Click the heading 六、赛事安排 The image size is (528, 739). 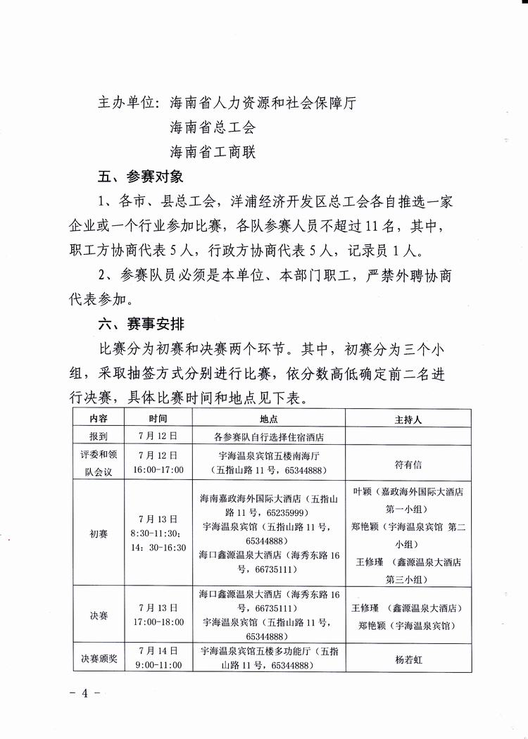(x=140, y=324)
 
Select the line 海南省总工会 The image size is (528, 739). (x=213, y=127)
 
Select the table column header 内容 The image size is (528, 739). (x=99, y=418)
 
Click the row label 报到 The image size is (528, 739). (x=99, y=436)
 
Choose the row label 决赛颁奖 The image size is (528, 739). (x=99, y=659)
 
